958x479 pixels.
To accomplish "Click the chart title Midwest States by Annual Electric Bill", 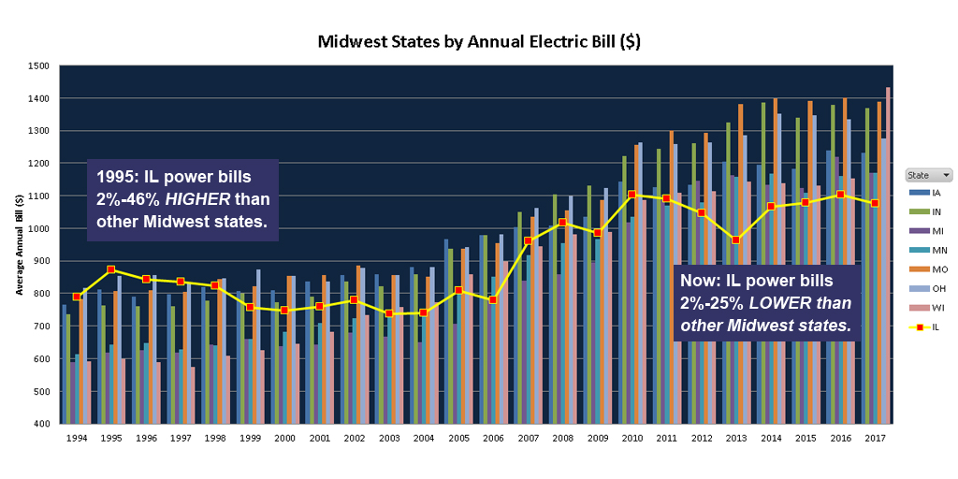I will tap(479, 42).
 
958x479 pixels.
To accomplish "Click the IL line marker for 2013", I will tap(736, 239).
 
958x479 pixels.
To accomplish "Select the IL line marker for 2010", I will tap(632, 195).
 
